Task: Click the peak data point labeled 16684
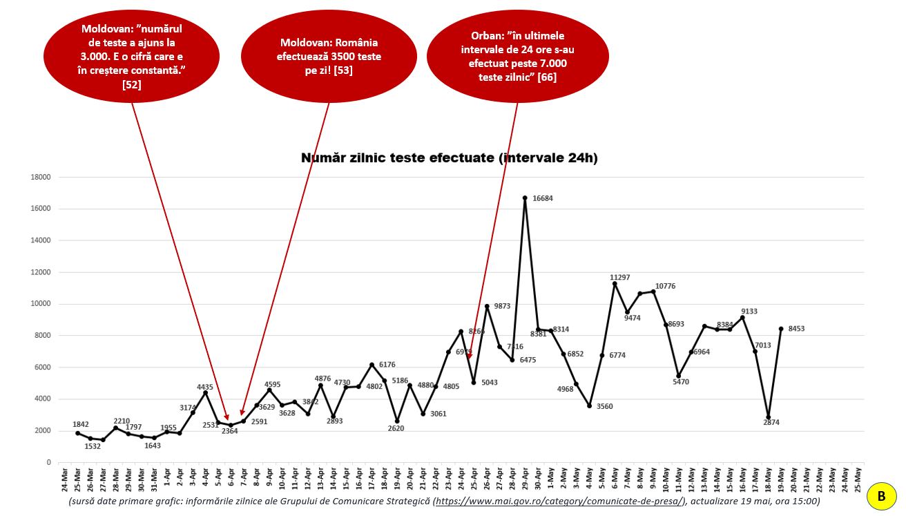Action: click(525, 198)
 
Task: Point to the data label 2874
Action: click(771, 422)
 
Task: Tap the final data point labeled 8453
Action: click(780, 329)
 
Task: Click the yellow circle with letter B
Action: click(881, 495)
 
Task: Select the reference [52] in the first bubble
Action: click(131, 84)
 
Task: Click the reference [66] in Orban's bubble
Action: click(547, 77)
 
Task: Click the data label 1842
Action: click(82, 424)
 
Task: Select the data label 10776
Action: click(666, 286)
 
